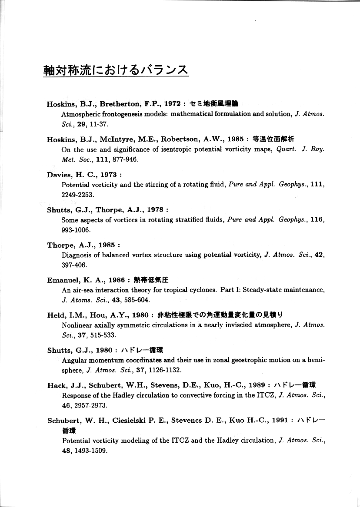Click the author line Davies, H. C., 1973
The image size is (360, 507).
82,175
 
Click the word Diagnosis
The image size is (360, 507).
76,255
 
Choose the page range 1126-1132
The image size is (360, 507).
163,370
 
